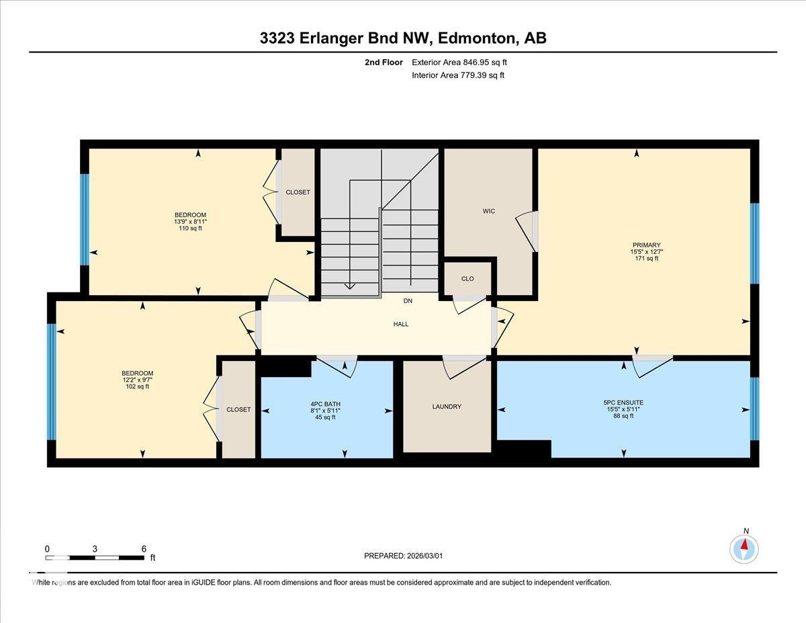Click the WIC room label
[x=488, y=211]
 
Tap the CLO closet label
[x=467, y=278]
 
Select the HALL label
[x=401, y=324]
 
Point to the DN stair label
[x=408, y=300]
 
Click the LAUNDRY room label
[x=447, y=407]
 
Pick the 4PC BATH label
[x=325, y=403]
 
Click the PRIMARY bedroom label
[x=646, y=245]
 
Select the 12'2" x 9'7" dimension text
[x=137, y=380]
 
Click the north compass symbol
[x=744, y=548]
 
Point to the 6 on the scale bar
[x=144, y=548]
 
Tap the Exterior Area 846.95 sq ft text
[x=459, y=63]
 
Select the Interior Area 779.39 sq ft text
[x=457, y=75]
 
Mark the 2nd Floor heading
[x=384, y=63]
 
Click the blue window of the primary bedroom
[x=754, y=243]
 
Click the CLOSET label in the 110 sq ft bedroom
[x=298, y=192]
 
